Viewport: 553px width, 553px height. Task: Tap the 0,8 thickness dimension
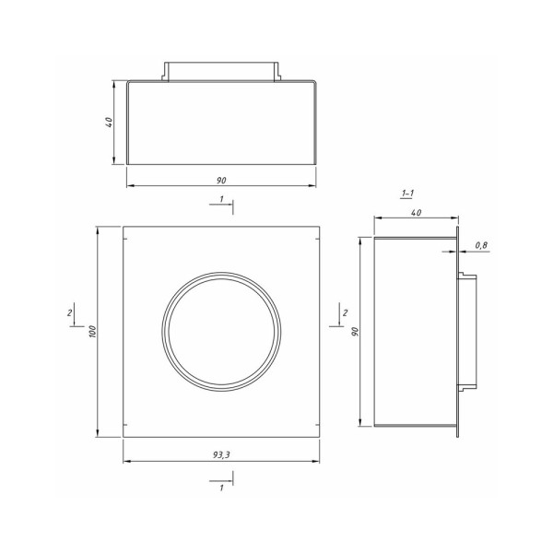click(x=480, y=244)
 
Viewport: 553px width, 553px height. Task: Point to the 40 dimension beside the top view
click(x=109, y=123)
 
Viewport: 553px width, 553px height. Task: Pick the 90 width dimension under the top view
click(x=221, y=180)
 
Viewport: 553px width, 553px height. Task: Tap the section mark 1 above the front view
click(x=221, y=199)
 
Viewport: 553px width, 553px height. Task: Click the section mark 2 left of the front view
click(x=71, y=314)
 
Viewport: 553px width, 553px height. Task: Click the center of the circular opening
click(x=220, y=330)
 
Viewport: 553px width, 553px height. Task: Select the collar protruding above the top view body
click(x=220, y=72)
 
